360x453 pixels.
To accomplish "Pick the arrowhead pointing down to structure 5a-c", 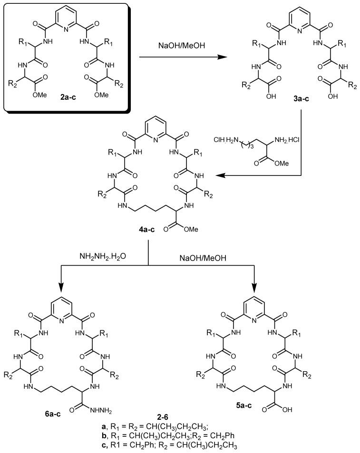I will click(254, 288).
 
